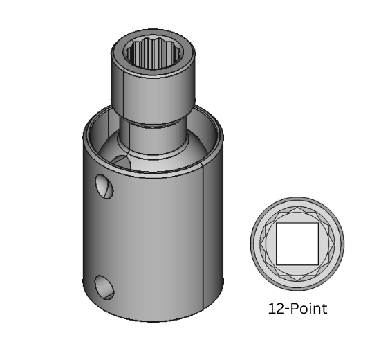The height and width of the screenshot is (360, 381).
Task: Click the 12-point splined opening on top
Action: coord(152,53)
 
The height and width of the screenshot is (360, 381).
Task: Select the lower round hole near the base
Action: coord(102,286)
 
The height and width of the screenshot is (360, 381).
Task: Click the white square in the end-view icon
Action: coord(297,244)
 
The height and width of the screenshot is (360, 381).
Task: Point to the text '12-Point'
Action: coord(297,309)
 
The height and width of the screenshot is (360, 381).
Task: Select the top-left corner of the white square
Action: coord(277,224)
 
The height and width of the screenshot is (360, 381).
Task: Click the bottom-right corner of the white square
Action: coord(317,264)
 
